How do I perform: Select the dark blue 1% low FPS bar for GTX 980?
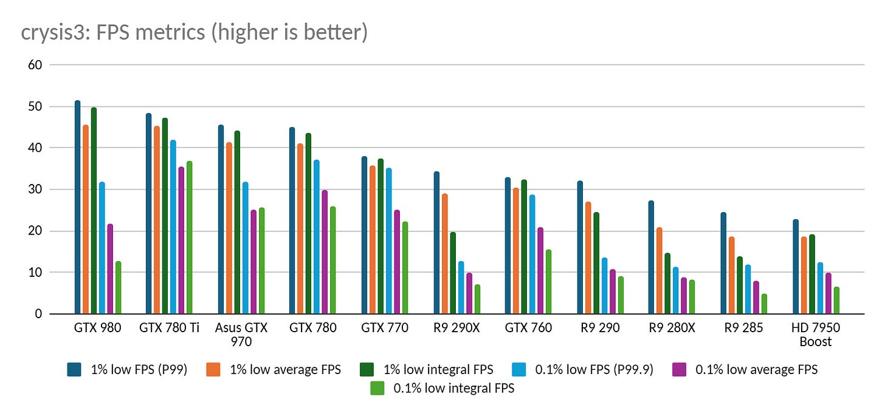pyautogui.click(x=77, y=207)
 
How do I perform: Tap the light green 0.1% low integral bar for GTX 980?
pyautogui.click(x=118, y=287)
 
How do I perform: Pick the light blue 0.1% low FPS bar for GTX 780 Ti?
pyautogui.click(x=173, y=227)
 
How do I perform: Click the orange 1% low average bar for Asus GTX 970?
pyautogui.click(x=229, y=228)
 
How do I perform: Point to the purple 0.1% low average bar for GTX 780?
pyautogui.click(x=325, y=252)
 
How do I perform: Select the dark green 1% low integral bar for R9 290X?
pyautogui.click(x=453, y=273)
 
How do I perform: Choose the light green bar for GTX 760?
pyautogui.click(x=548, y=282)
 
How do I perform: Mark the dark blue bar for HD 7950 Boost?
pyautogui.click(x=796, y=267)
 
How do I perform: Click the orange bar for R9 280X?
pyautogui.click(x=659, y=271)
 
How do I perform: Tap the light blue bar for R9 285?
pyautogui.click(x=748, y=289)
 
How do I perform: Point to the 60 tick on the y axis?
pyautogui.click(x=35, y=65)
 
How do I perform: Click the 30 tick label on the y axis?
pyautogui.click(x=35, y=189)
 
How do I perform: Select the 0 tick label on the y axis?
pyautogui.click(x=38, y=314)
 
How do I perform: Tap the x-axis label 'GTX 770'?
pyautogui.click(x=385, y=327)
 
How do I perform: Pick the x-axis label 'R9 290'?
pyautogui.click(x=600, y=327)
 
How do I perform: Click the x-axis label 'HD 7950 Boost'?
pyautogui.click(x=816, y=334)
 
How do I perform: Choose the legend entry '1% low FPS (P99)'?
pyautogui.click(x=127, y=369)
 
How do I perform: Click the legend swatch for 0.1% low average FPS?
pyautogui.click(x=679, y=369)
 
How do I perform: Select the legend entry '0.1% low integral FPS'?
pyautogui.click(x=442, y=389)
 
